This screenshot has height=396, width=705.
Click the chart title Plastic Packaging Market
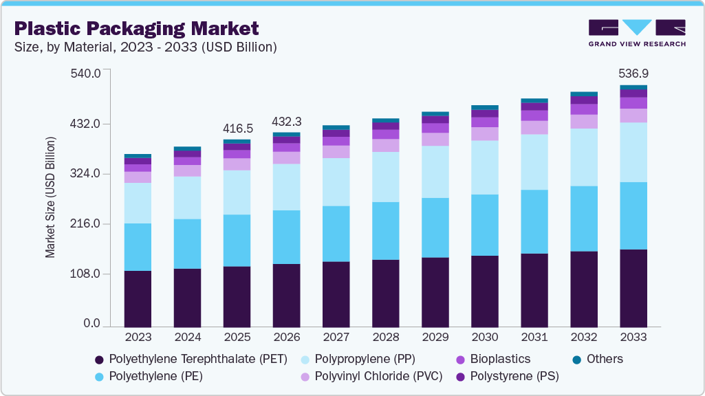pos(137,28)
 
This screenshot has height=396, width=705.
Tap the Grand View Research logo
pos(636,33)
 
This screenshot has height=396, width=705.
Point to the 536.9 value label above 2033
pos(633,73)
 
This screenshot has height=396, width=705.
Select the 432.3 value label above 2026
pos(287,121)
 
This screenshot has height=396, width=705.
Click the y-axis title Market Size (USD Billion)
pos(50,198)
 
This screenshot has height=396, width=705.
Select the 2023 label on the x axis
pos(138,338)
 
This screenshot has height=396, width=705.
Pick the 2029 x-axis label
pos(435,338)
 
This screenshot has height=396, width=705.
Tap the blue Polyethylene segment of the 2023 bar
pos(138,247)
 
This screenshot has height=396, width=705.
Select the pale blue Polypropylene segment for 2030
pos(485,167)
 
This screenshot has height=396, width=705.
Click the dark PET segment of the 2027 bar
pos(336,294)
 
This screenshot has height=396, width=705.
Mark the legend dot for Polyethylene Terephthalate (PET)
pos(100,360)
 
